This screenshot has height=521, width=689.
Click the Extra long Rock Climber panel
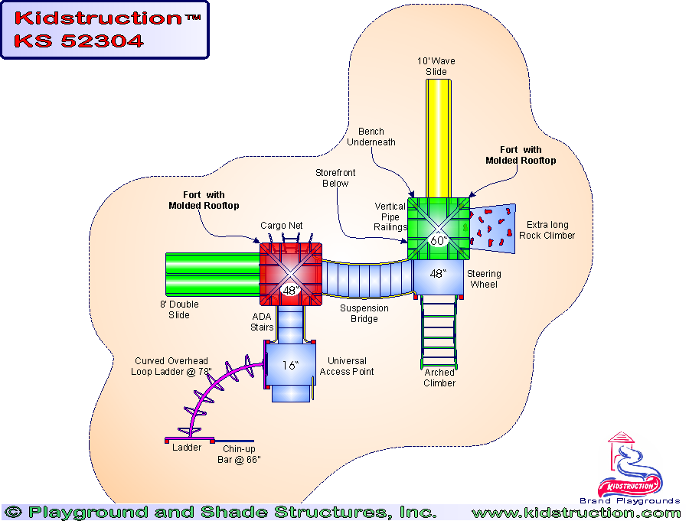(492, 227)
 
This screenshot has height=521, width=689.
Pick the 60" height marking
(437, 240)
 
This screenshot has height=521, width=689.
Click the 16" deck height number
(289, 366)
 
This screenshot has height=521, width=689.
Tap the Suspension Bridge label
(364, 314)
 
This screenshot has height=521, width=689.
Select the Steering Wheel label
(484, 279)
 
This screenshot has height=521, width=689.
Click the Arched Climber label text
(439, 378)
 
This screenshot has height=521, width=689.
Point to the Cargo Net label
(282, 225)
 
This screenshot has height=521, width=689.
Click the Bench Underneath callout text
(366, 137)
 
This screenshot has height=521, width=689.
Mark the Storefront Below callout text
(332, 178)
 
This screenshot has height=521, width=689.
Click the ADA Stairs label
(262, 322)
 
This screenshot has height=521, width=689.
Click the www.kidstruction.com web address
(576, 513)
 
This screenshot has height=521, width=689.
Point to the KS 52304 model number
(80, 41)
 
